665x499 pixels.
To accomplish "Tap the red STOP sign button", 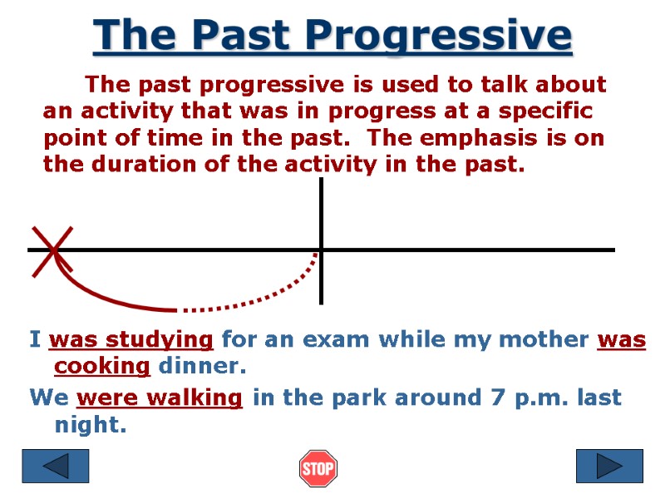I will click(x=318, y=468).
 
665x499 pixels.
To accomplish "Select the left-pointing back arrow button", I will click(x=56, y=466).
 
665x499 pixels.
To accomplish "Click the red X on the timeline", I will click(x=52, y=249).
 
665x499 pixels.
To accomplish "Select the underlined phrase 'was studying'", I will click(x=131, y=339).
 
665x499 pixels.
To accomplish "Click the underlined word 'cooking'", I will click(x=102, y=366).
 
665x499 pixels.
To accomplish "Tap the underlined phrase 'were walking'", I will click(x=160, y=398).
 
